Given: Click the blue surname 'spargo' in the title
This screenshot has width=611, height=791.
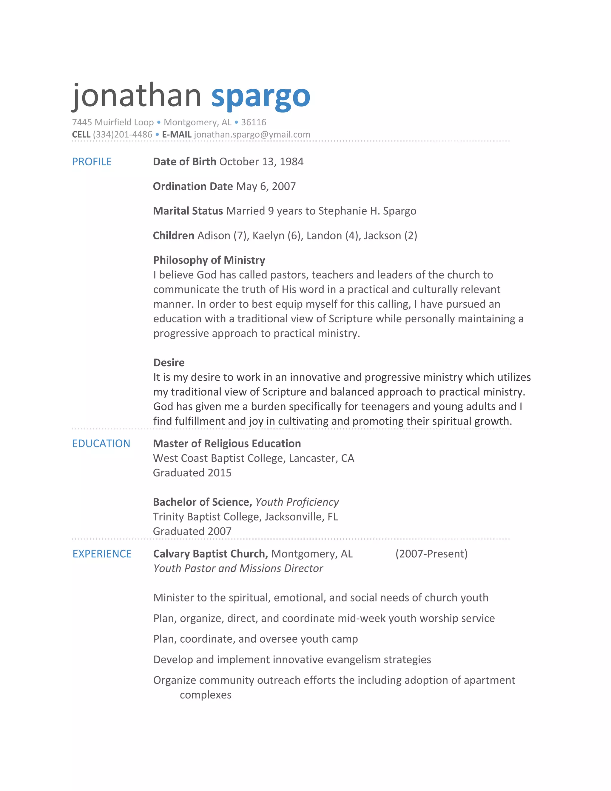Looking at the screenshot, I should click(x=261, y=97).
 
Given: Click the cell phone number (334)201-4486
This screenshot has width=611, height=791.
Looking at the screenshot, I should click(x=122, y=135).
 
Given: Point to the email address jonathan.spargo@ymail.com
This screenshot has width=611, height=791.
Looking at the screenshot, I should click(x=252, y=135).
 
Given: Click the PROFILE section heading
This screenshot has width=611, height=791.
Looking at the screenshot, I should click(x=92, y=161).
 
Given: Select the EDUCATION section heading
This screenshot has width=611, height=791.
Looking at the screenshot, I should click(x=101, y=443).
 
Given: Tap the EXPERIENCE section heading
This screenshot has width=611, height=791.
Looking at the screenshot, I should click(x=102, y=554).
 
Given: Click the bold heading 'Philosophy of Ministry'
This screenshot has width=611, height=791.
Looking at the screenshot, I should click(x=209, y=260).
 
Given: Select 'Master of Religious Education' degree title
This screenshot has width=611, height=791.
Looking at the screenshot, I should click(x=227, y=443).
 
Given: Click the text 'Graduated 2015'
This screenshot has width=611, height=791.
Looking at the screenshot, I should click(x=192, y=473).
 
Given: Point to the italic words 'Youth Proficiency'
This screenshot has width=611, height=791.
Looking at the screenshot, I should click(x=297, y=502).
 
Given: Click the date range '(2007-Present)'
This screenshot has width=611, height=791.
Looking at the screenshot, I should click(x=431, y=554).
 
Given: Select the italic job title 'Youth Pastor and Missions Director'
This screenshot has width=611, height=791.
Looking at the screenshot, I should click(x=238, y=568).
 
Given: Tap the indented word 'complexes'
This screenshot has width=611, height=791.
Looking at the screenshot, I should click(x=205, y=695).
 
